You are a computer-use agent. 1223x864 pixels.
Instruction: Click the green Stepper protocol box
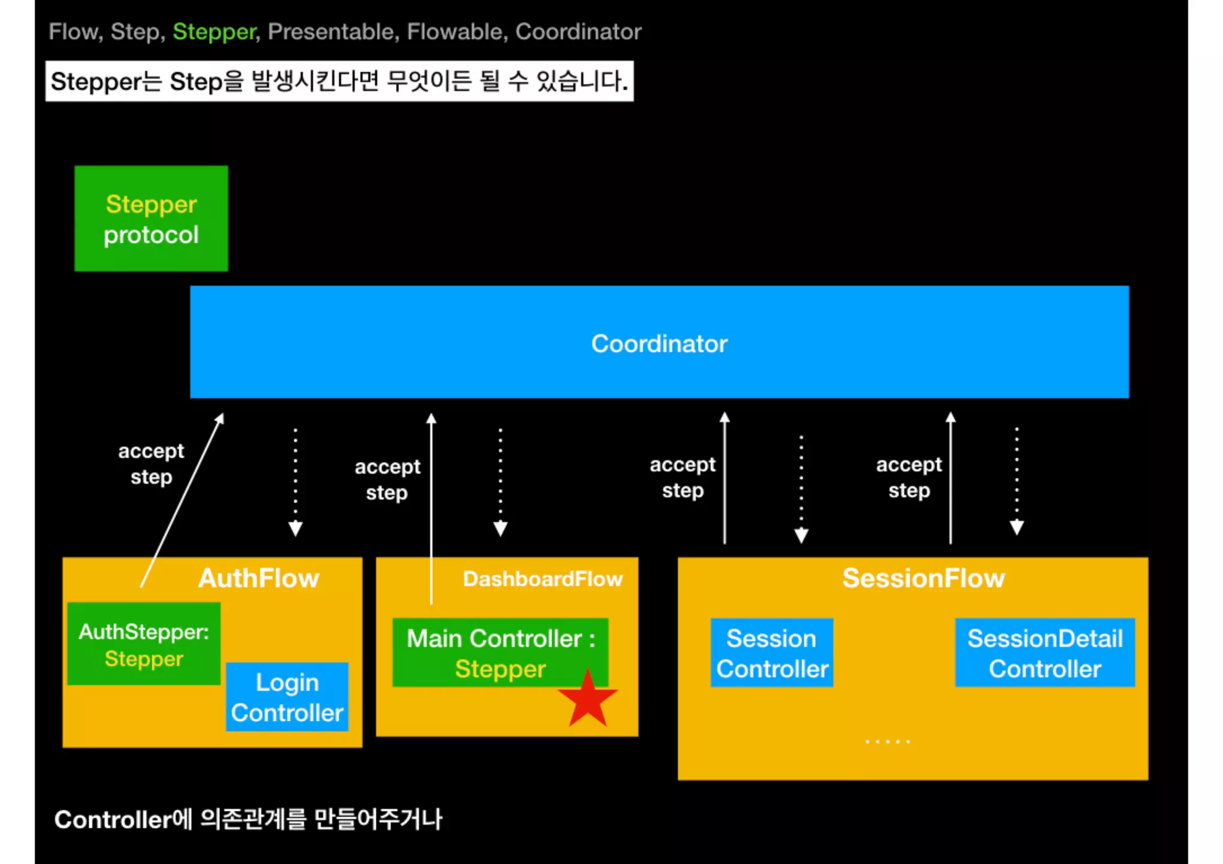[x=151, y=219]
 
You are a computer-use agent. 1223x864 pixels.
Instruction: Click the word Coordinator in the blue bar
[x=659, y=344]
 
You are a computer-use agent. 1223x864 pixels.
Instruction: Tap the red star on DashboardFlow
[x=588, y=700]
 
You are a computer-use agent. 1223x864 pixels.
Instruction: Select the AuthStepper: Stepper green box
[x=144, y=645]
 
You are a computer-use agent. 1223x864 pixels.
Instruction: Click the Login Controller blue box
[x=287, y=697]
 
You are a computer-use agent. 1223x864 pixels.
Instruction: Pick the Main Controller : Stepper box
[x=500, y=653]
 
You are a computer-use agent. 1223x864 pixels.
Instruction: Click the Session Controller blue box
[x=772, y=653]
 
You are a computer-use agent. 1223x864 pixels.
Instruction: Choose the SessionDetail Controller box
[x=1044, y=653]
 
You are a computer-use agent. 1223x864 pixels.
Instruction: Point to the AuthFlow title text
[x=259, y=578]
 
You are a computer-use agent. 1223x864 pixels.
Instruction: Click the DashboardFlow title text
[x=543, y=579]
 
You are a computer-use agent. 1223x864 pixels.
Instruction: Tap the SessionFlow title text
[x=923, y=578]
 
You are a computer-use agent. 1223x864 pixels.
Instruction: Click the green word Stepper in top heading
[x=214, y=32]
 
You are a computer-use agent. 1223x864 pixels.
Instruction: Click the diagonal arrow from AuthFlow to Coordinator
[x=182, y=500]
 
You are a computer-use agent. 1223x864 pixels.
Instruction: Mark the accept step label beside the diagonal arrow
[x=151, y=464]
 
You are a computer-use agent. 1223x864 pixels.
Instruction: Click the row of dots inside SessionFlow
[x=887, y=741]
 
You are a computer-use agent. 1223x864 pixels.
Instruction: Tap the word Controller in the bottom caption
[x=113, y=820]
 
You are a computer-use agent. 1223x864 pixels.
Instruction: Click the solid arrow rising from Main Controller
[x=431, y=508]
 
